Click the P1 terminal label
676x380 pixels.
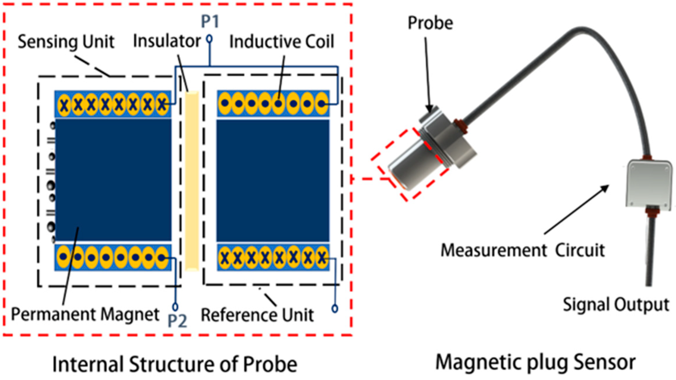210,22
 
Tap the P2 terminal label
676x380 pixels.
177,321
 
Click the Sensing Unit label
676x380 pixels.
66,42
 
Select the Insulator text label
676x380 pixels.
167,41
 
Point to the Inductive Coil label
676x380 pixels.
282,42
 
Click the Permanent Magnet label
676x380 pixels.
85,314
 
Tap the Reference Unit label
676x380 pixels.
257,315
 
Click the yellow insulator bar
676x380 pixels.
192,181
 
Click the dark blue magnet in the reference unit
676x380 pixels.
273,181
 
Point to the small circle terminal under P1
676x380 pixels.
209,39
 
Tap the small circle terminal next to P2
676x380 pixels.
175,307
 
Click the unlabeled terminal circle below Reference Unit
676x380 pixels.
335,308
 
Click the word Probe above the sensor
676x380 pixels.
430,23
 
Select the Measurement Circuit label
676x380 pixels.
523,250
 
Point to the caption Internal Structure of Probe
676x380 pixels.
175,364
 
